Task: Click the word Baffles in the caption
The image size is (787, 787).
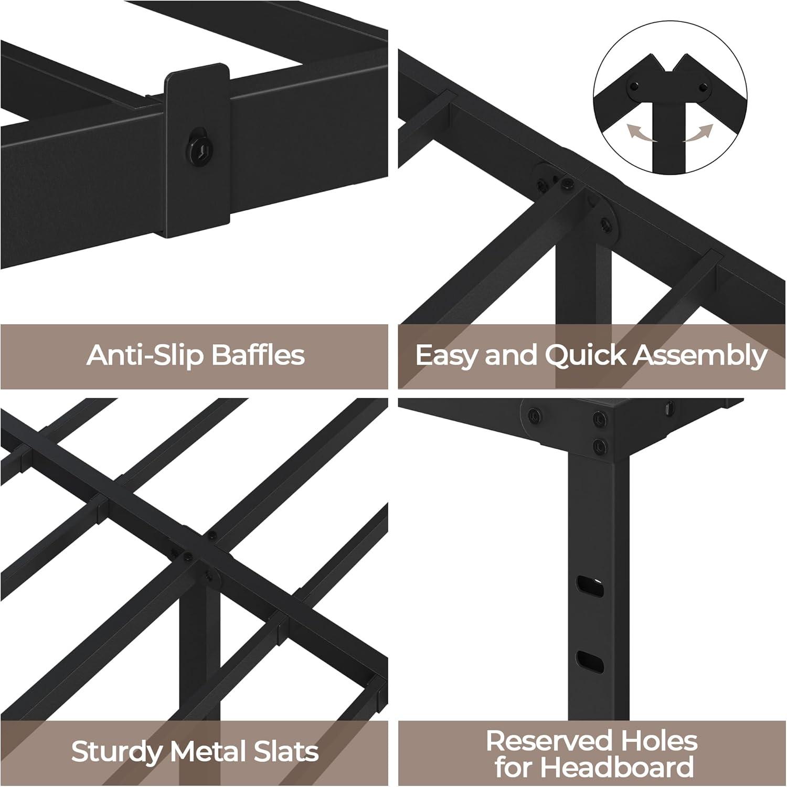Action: (258, 355)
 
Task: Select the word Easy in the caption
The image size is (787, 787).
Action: (447, 355)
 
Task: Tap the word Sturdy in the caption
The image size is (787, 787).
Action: (116, 752)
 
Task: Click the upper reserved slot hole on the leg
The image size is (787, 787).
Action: (590, 586)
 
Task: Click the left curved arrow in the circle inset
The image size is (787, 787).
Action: (642, 133)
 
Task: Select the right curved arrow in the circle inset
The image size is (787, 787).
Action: (698, 133)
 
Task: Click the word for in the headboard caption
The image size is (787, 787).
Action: (513, 767)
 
